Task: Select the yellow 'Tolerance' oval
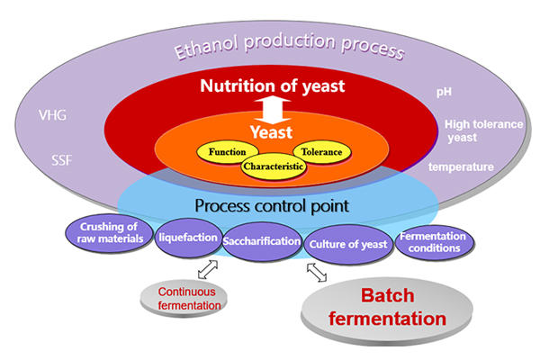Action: [321, 152]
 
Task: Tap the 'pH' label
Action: [442, 93]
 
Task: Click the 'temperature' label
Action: [461, 167]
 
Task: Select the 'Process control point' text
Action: [271, 205]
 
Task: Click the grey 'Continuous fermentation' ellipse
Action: [190, 299]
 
